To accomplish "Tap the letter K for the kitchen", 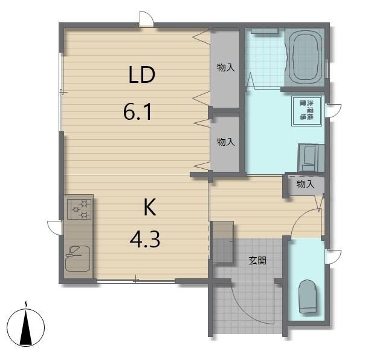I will click(x=149, y=208).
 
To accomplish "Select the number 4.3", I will click(x=145, y=241).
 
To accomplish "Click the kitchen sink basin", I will click(x=77, y=258).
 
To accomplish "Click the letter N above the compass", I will click(x=26, y=304).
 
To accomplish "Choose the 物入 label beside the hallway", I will click(x=305, y=185).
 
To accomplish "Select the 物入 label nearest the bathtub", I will click(x=226, y=68).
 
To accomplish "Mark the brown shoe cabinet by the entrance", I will click(x=223, y=242).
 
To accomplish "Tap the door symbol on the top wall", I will click(x=146, y=19).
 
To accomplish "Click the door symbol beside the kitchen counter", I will click(x=54, y=227).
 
